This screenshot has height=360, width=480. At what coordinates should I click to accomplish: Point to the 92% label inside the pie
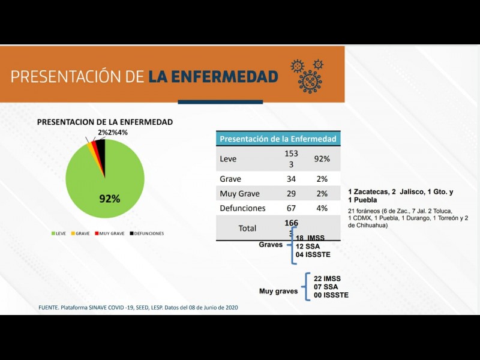click(110, 199)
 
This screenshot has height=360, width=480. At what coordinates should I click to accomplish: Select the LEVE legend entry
click(58, 233)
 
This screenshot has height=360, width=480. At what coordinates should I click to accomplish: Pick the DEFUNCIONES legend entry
click(146, 233)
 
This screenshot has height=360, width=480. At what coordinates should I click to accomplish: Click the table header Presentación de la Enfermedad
click(278, 139)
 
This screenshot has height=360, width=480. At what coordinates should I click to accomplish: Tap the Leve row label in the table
click(229, 159)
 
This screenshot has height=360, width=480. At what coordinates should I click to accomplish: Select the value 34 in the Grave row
click(292, 179)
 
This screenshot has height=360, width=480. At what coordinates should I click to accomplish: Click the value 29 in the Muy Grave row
click(292, 193)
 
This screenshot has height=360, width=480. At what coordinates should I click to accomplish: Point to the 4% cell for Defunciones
click(322, 208)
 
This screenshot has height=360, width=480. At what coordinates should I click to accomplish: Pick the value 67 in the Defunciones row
click(292, 208)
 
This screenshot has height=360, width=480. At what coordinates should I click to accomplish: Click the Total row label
click(247, 228)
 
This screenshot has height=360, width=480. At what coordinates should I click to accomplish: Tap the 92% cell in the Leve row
click(322, 159)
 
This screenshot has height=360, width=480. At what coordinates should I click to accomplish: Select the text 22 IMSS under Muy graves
click(327, 278)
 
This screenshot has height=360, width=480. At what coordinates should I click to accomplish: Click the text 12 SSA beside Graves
click(307, 247)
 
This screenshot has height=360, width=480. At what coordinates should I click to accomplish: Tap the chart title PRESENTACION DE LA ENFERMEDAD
click(105, 122)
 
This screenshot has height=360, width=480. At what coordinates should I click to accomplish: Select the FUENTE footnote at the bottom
click(134, 307)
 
